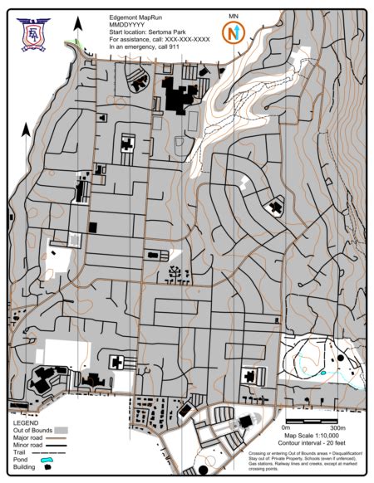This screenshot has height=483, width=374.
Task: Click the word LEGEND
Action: click(25, 422)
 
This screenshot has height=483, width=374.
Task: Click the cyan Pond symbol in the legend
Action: click(48, 459)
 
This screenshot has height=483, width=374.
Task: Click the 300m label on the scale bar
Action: click(337, 428)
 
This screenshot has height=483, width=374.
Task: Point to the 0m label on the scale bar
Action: click(287, 428)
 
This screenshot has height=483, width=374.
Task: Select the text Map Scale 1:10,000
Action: click(312, 436)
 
